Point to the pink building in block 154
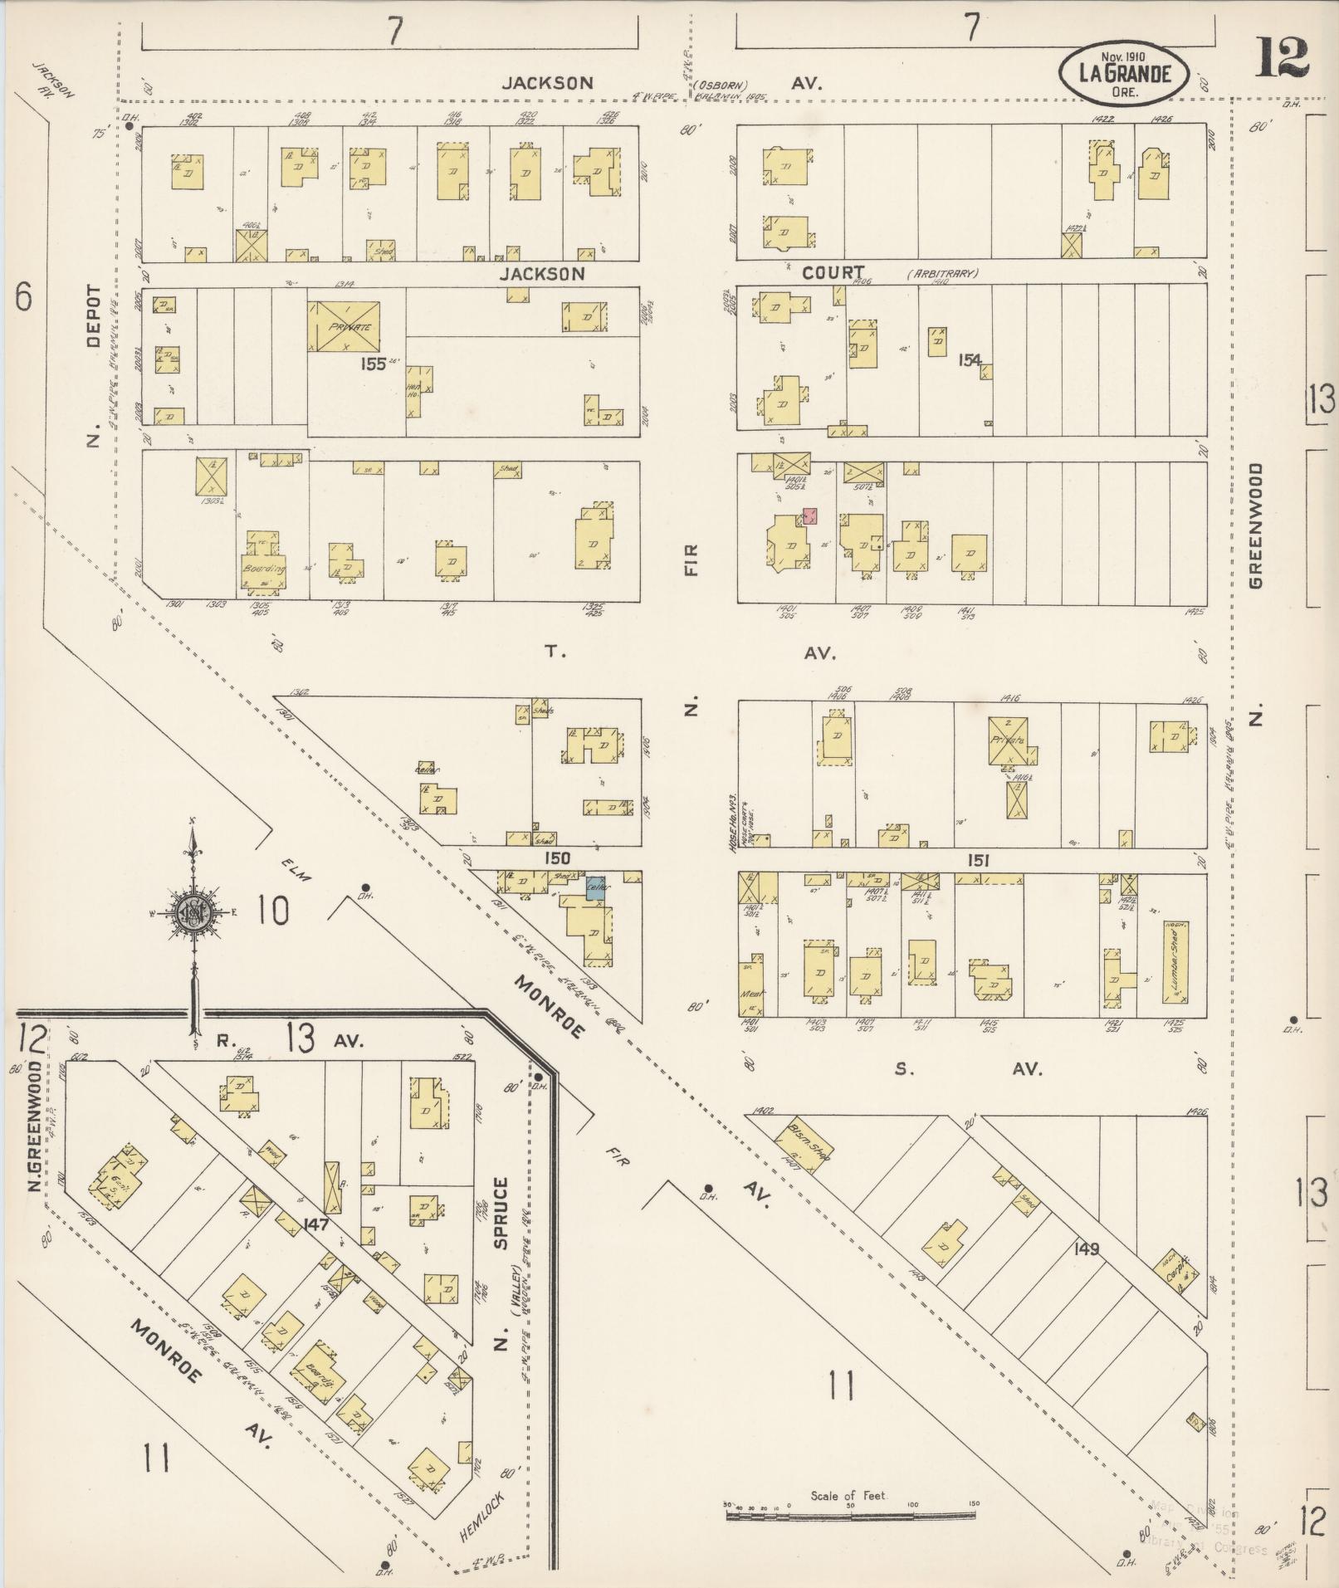810,515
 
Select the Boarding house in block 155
265,564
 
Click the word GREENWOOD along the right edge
1256,525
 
